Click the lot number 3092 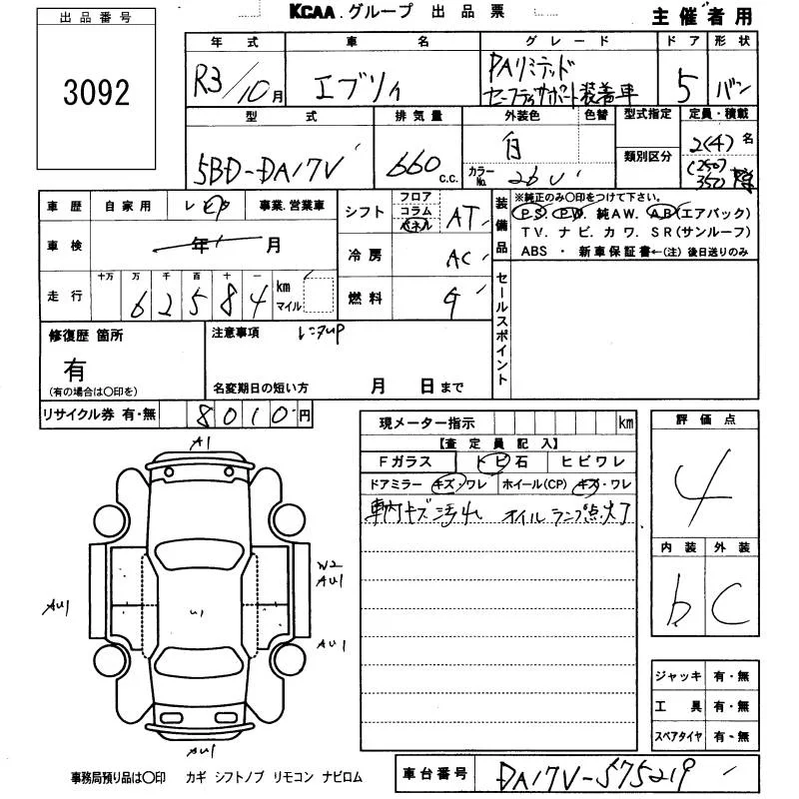[x=96, y=94]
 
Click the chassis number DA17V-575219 [x=600, y=773]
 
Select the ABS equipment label [x=535, y=252]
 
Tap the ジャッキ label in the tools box [x=677, y=676]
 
